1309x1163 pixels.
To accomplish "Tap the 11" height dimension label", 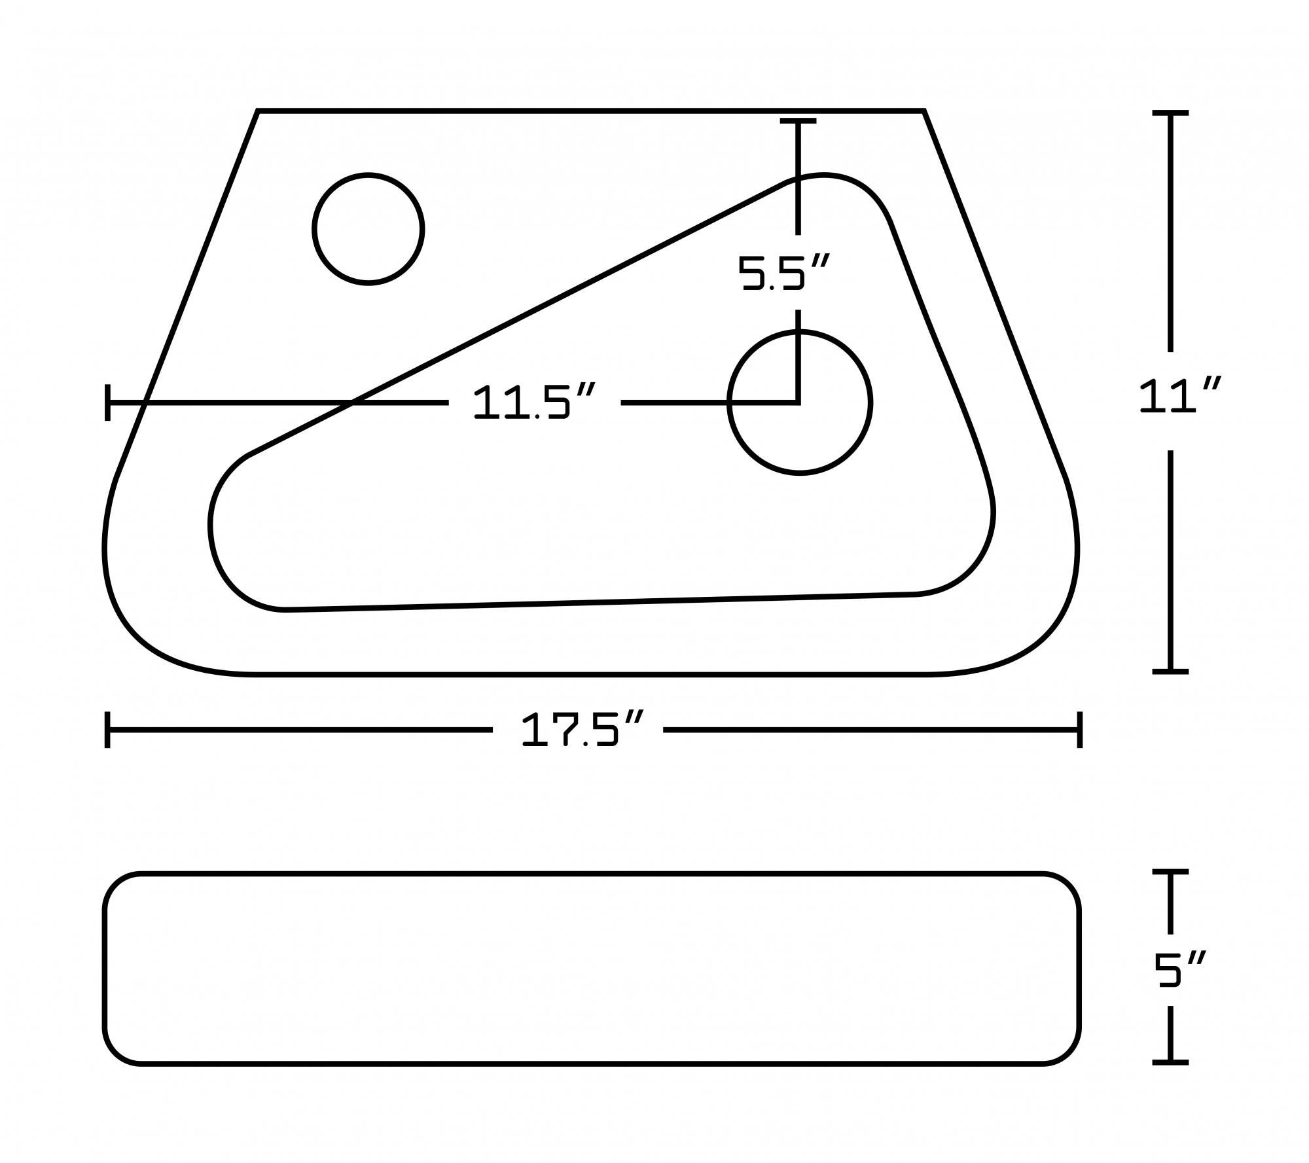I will [x=1178, y=397].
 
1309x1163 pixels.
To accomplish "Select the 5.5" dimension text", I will [x=783, y=272].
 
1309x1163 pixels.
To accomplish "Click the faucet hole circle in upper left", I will [x=368, y=228].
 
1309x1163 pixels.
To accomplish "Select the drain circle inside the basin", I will [x=799, y=402].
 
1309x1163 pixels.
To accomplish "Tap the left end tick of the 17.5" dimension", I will [x=107, y=729].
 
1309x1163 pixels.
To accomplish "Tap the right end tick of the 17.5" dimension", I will [x=1079, y=729].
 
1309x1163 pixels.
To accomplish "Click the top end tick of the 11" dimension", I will [x=1170, y=114].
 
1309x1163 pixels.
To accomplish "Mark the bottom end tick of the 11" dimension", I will [x=1170, y=671].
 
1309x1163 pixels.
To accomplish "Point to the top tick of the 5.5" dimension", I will [x=798, y=121].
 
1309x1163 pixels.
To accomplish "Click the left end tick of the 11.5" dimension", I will [x=107, y=403].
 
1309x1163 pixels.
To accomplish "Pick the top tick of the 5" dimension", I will [x=1170, y=872].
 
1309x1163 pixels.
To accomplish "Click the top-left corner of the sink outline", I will [x=258, y=112].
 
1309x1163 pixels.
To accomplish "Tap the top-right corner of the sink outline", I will [x=923, y=112].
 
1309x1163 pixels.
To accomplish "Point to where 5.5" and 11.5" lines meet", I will [x=798, y=403].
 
